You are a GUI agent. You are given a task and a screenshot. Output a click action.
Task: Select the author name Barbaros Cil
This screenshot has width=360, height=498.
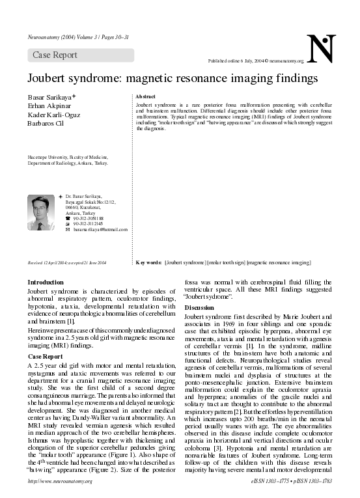click(x=47, y=123)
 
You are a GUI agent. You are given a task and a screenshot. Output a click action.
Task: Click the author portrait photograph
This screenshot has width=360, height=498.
click(x=40, y=212)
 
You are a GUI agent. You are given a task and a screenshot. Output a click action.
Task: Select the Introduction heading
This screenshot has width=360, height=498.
click(x=46, y=283)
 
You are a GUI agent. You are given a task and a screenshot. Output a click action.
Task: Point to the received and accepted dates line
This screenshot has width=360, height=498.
click(x=67, y=262)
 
